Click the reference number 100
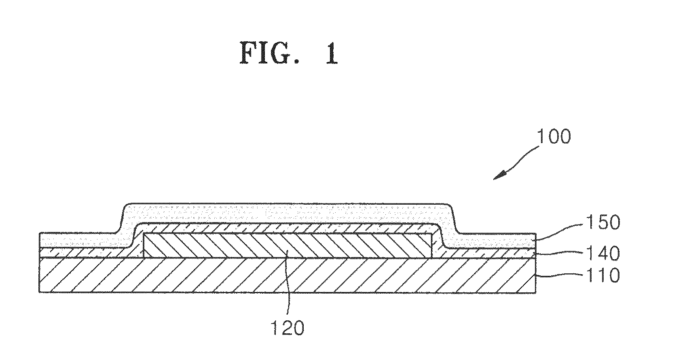click(x=554, y=136)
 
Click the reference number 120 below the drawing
click(x=288, y=328)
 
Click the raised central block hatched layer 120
click(x=288, y=245)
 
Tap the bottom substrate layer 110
click(x=288, y=275)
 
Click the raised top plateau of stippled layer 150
click(x=288, y=213)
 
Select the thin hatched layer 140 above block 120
click(x=288, y=228)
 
